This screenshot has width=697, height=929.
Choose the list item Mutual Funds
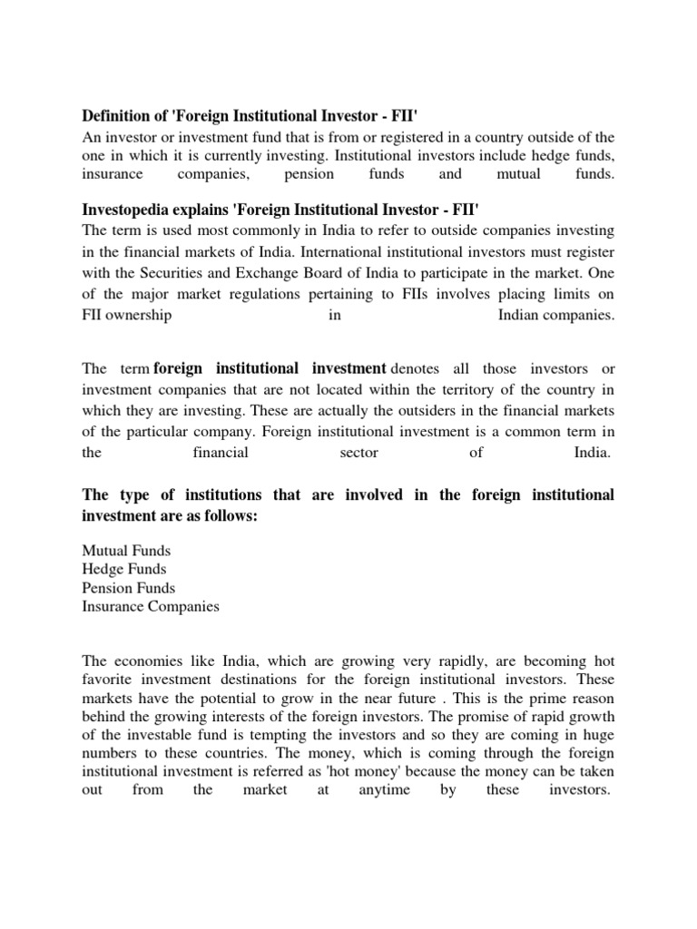click(126, 551)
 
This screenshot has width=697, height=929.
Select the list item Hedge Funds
click(124, 569)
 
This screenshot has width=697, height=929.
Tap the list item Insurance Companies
click(151, 606)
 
